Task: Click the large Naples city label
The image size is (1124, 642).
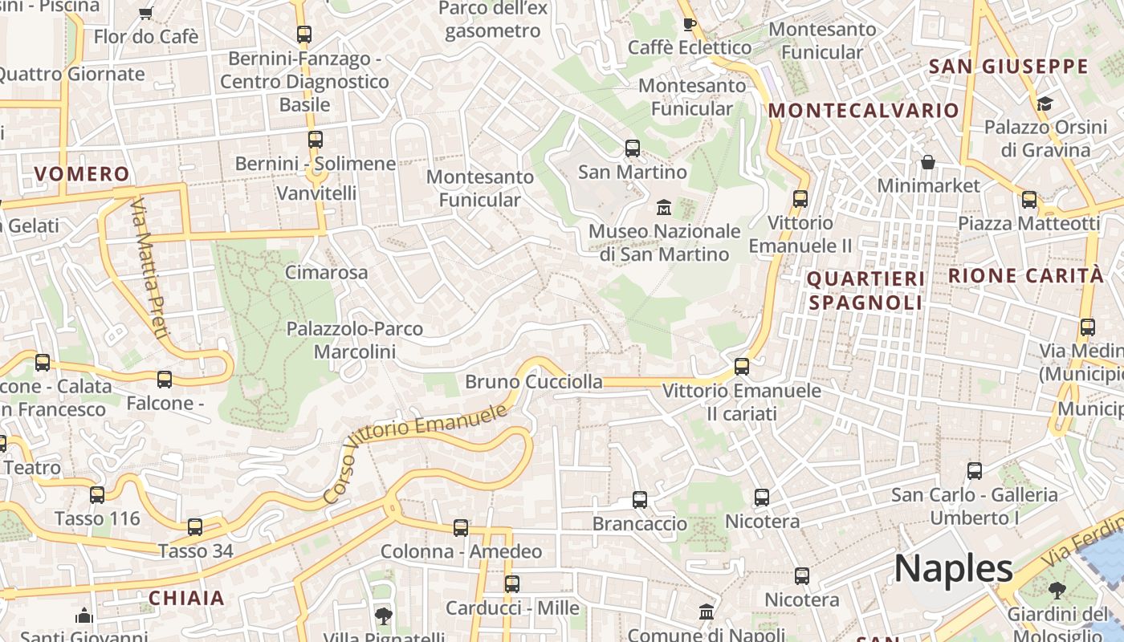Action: coord(953,568)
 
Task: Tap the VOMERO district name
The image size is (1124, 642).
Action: coord(82,174)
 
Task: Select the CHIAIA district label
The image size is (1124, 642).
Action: coord(186,598)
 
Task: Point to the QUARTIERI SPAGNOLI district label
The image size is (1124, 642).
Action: coord(865,291)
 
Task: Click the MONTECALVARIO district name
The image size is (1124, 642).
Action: coord(864,111)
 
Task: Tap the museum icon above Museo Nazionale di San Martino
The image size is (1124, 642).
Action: coord(664,208)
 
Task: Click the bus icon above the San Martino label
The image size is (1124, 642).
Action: coord(633,148)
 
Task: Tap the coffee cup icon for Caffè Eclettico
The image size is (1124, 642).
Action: coord(689,24)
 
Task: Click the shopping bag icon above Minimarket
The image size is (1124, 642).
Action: coord(928,163)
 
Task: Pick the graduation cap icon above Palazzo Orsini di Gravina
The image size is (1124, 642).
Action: coord(1045,104)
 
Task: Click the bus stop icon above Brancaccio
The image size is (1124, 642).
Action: coord(640,500)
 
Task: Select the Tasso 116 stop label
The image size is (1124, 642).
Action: coord(97,518)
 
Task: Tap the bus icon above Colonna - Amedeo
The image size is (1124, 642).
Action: coord(461,528)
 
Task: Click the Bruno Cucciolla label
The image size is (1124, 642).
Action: coord(534,382)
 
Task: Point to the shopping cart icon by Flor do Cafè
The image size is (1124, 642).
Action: coord(145,13)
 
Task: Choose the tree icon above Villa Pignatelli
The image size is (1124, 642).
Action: coord(384,616)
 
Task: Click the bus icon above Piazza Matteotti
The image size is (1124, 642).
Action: coord(1029,200)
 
